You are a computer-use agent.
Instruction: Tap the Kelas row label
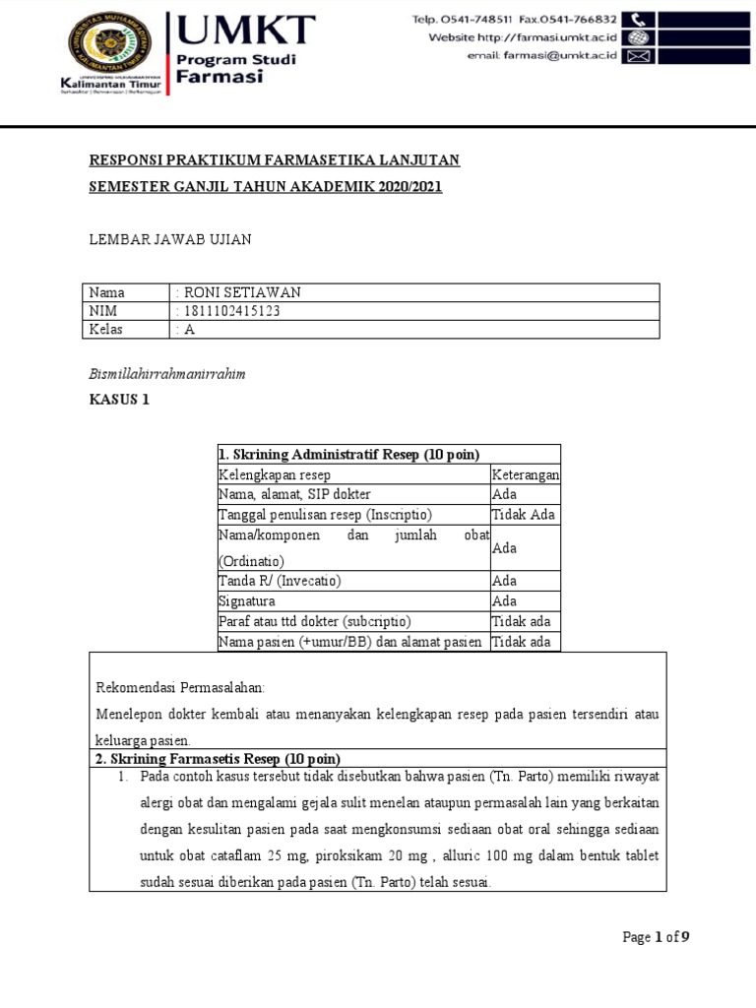point(106,330)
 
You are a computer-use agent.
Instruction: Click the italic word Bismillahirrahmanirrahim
point(166,374)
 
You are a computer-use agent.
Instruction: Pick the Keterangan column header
point(525,474)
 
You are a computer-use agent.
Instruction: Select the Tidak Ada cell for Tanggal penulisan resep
point(523,515)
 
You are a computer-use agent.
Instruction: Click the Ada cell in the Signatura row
point(504,600)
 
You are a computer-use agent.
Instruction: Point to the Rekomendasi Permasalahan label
point(180,687)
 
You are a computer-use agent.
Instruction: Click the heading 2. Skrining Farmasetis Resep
point(217,758)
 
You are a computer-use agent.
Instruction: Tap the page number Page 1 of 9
point(656,937)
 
